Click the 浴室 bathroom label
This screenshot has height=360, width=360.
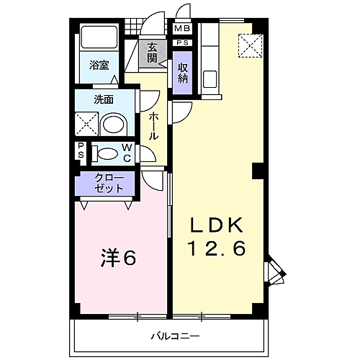pos(99,66)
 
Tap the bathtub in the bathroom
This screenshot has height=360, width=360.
pos(99,37)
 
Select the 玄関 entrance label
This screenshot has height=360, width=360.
pos(152,53)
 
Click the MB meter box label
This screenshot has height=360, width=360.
pos(182,29)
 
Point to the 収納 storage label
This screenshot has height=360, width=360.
pos(183,73)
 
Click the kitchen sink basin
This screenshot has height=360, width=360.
pos(210,79)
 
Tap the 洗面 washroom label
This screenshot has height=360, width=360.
pos(104,99)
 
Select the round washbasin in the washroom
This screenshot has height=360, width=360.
pos(113,124)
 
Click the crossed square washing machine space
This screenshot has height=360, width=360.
pos(86,124)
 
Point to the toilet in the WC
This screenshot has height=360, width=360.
pos(106,153)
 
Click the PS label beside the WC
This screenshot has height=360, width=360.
pos(81,150)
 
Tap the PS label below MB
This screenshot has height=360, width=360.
pos(183,43)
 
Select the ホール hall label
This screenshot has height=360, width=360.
pos(153,127)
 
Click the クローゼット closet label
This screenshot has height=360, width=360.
pos(109,183)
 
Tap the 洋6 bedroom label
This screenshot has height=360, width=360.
pos(118,257)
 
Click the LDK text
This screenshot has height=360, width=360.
pos(216,225)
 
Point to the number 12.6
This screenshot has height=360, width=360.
pos(217,248)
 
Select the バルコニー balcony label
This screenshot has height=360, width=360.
pos(175,336)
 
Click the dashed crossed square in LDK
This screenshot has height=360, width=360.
pos(251,46)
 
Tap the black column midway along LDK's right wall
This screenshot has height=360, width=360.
pos(258,171)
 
